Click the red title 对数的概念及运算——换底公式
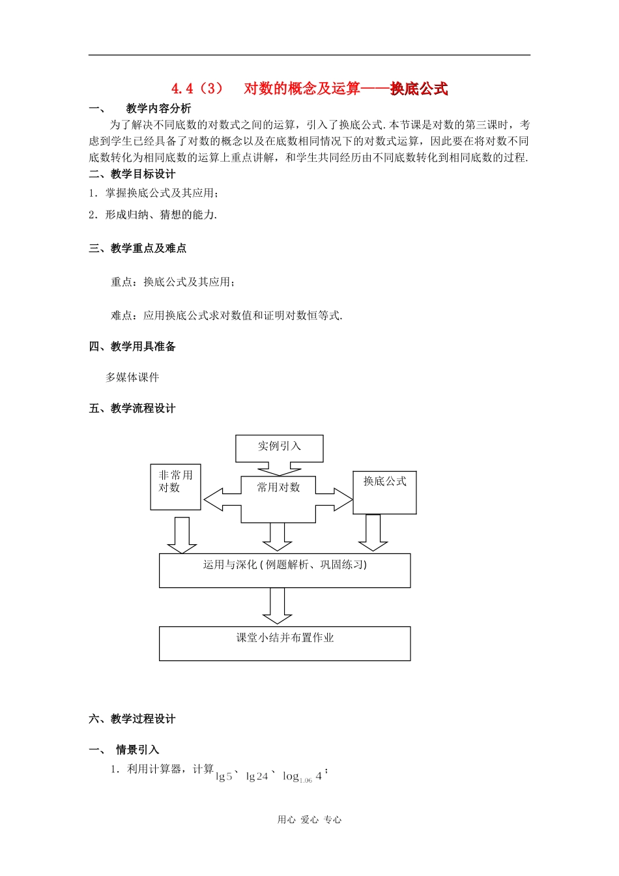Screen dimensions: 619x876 [x=345, y=89]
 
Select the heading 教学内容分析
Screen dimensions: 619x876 [x=158, y=108]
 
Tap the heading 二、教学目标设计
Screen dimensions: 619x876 [x=132, y=174]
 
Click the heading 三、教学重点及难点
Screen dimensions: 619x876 [x=137, y=248]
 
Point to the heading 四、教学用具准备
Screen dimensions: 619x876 [x=132, y=347]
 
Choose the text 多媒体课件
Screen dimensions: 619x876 [x=132, y=377]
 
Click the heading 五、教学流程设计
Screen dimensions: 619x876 [x=132, y=409]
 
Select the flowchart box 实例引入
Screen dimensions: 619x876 [x=279, y=447]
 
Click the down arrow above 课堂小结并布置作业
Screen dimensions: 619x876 [x=277, y=606]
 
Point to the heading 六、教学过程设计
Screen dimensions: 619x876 [x=132, y=719]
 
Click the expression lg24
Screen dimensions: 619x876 [x=257, y=776]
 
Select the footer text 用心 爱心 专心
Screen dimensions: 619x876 [x=309, y=820]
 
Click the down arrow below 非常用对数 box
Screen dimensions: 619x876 [x=182, y=535]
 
